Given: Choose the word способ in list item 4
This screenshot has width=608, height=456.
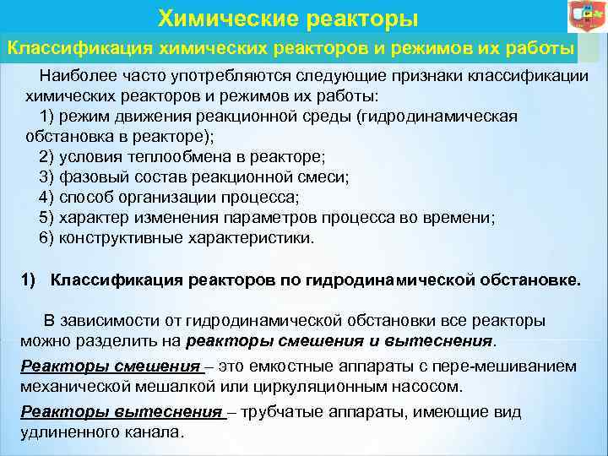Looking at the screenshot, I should (x=85, y=198).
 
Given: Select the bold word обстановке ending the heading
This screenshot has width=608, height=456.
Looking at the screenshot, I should (x=529, y=280).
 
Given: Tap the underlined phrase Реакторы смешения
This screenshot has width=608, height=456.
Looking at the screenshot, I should (x=110, y=366).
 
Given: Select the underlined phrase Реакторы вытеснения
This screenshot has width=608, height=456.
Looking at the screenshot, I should (x=121, y=412).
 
